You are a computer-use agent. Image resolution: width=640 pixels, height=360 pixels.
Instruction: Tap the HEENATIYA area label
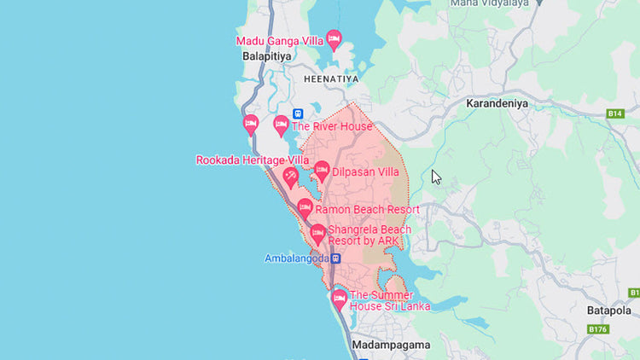(331, 78)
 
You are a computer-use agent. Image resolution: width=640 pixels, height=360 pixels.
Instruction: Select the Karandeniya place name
(497, 103)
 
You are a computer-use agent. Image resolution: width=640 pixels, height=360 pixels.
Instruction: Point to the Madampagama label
(390, 345)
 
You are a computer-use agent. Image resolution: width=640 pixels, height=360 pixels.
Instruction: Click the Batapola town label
(608, 311)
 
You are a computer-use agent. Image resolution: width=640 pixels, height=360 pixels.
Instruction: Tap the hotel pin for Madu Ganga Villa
(334, 39)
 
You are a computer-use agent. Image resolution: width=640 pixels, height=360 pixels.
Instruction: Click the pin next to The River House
(281, 125)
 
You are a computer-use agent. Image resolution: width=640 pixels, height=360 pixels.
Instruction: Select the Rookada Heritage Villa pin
(291, 177)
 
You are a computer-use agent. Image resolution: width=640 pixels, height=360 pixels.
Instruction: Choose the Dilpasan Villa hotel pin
(322, 171)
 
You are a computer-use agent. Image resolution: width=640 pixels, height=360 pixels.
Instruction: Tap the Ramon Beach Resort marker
(305, 208)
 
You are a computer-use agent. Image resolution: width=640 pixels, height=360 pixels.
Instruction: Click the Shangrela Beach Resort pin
(317, 234)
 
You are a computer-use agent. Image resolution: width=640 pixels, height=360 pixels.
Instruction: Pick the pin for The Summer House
(339, 299)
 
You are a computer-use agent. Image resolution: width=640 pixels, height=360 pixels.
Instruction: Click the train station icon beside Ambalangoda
(336, 258)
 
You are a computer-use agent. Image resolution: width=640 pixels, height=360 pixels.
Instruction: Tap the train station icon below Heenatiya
(298, 113)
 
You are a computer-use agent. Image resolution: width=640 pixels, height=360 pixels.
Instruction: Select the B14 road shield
(615, 113)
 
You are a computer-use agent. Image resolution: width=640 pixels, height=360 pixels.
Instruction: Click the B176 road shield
(598, 329)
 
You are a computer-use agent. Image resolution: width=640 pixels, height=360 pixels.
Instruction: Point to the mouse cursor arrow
(435, 176)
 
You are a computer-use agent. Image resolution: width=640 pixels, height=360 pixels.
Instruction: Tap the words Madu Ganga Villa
(279, 41)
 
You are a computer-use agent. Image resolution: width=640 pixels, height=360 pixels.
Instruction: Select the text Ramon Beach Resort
(367, 210)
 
